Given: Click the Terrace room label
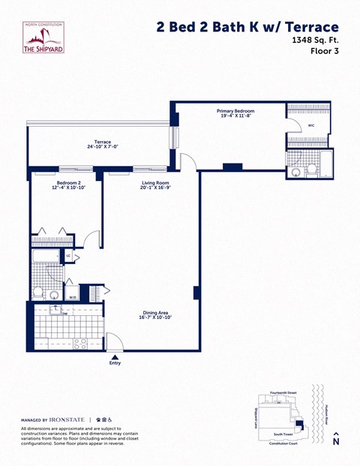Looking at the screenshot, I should coord(103,143).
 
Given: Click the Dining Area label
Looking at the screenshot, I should coord(155,315).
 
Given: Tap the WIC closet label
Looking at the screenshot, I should coord(310,126).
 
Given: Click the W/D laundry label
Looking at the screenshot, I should coord(73,297).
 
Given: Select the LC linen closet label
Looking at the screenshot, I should coord(68,256).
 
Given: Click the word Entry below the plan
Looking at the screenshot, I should coord(115,364).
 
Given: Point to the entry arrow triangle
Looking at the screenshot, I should coord(115,356).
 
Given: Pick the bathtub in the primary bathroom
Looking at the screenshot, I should coord(327,162).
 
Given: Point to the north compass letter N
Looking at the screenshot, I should coord(335,443).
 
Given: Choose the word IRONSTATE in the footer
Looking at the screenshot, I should coord(67,419).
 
